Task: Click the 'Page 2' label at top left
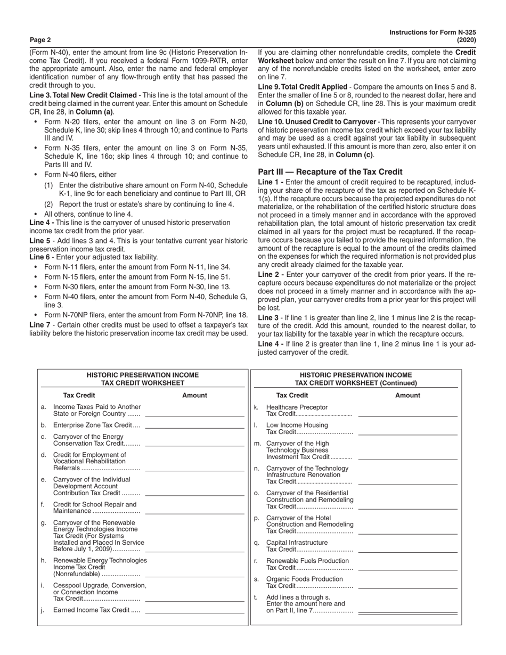click(x=40, y=40)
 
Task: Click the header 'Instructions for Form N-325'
click(x=432, y=32)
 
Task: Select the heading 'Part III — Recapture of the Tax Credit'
click(x=330, y=172)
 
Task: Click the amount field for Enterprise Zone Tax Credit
click(x=194, y=427)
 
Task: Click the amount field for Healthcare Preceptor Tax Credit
click(x=408, y=415)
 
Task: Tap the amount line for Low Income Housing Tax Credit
click(x=408, y=433)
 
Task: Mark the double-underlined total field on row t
click(x=408, y=613)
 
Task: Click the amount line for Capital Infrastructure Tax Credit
click(x=408, y=552)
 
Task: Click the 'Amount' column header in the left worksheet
click(x=194, y=396)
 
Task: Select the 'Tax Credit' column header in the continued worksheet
click(x=292, y=396)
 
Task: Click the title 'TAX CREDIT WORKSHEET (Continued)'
click(x=356, y=383)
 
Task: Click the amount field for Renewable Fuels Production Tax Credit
click(x=408, y=569)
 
